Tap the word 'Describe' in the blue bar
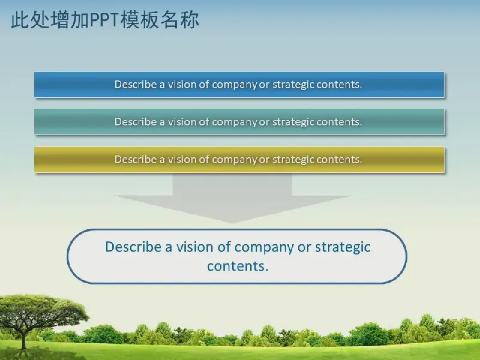136,84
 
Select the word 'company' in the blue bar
234,85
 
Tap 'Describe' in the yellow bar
136,159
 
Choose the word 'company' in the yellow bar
234,160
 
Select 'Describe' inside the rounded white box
133,247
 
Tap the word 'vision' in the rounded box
194,247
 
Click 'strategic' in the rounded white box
343,247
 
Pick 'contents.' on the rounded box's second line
238,266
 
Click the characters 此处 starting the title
31,20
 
